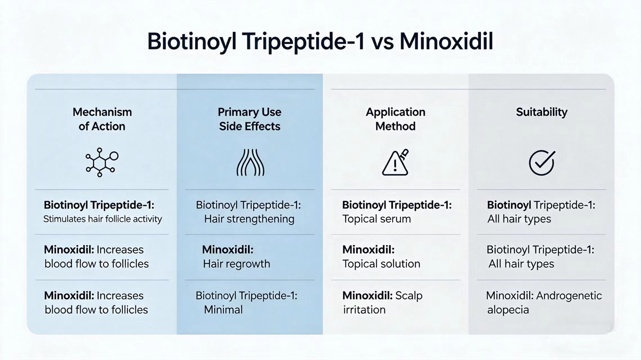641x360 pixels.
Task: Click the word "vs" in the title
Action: pos(382,42)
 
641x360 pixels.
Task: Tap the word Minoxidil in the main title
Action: pos(446,41)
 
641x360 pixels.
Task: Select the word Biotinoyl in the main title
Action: pos(191,42)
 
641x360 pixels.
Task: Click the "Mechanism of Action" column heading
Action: pos(102,119)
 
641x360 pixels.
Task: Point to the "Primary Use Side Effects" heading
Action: pos(250,119)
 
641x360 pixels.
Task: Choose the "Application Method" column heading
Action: pos(395,119)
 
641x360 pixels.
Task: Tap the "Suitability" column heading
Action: pos(541,112)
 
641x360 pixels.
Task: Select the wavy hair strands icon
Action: pos(250,162)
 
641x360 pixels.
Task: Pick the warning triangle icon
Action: pos(395,163)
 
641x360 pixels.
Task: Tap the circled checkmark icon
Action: pos(541,162)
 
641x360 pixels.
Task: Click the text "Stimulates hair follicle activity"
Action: pos(103,219)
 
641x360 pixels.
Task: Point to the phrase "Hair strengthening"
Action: pos(249,219)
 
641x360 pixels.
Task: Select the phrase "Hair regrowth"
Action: pos(236,264)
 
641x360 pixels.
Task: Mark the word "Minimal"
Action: pos(223,310)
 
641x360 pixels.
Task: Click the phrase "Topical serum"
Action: pos(376,219)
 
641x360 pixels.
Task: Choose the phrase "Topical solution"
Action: pos(381,264)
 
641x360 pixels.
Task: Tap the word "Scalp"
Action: pos(409,295)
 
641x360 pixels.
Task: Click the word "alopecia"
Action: pos(508,310)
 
